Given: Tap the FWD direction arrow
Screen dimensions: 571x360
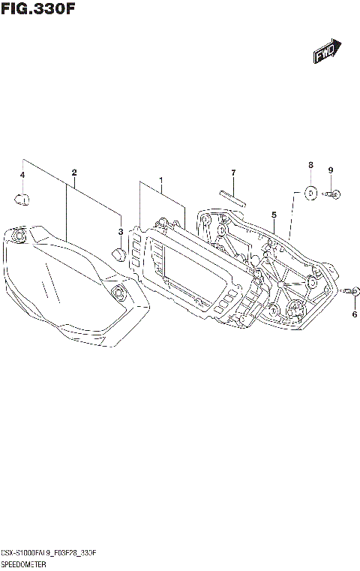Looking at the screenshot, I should pos(327,53).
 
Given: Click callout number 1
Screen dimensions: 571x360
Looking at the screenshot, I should pos(160,181).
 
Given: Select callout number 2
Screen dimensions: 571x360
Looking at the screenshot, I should pos(74,173).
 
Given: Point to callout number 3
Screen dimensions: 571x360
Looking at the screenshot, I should pos(120,231).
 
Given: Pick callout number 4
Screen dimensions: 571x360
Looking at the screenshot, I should pos(22,175).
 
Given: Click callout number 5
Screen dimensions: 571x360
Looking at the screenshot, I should pos(274,215).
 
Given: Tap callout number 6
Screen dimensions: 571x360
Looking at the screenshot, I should pos(354,314).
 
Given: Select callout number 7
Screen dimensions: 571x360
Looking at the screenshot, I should pos(233,173).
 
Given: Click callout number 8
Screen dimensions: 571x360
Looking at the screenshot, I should pos(310,164).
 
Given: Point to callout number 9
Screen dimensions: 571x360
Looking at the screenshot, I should pos(329,170).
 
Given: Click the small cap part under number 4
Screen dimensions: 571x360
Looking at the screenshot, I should pos(22,199).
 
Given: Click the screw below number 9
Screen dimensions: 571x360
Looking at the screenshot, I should pos(334,195).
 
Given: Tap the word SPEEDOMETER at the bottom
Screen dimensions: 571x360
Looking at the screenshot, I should pos(25,563).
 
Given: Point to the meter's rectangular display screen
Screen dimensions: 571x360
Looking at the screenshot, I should pos(192,269).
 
